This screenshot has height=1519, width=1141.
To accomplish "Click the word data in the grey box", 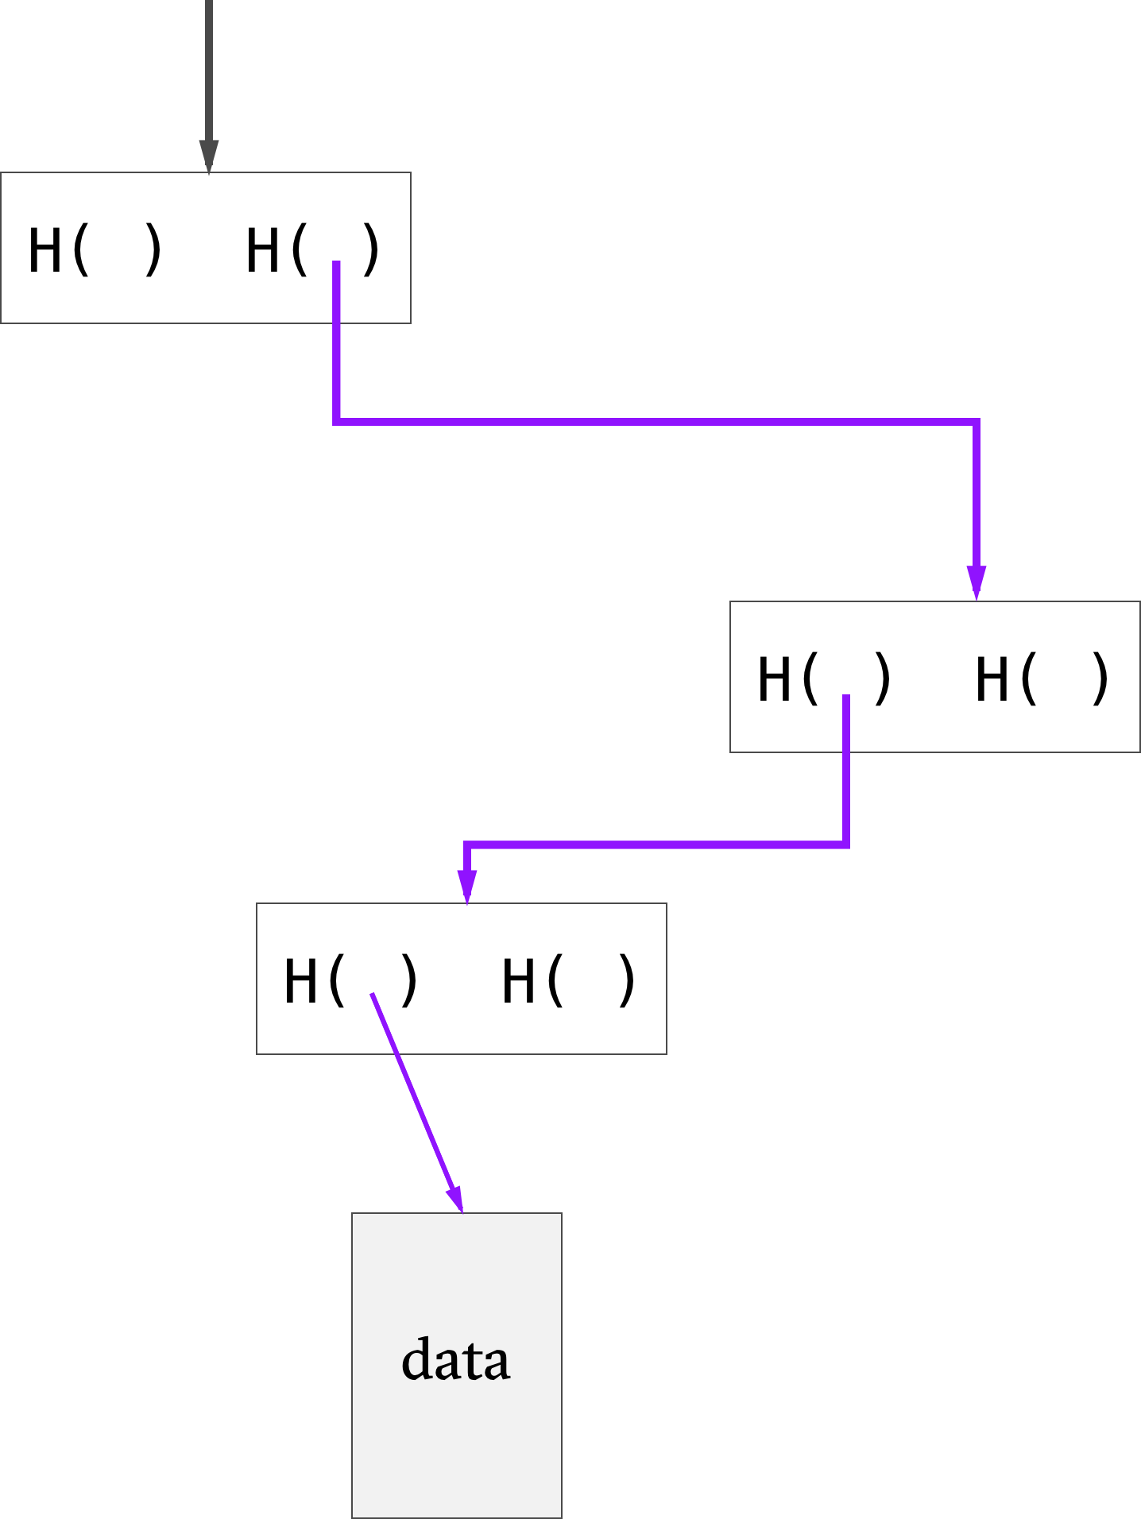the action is (x=455, y=1359).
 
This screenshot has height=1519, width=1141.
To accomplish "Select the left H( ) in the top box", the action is (x=95, y=250).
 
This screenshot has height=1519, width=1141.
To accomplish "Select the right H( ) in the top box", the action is (x=313, y=250).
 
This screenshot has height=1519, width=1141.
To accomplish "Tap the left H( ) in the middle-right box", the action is (x=825, y=679).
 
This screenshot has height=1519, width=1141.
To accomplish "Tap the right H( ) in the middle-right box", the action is (x=1042, y=679).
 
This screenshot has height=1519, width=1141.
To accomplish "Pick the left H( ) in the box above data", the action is (x=351, y=981).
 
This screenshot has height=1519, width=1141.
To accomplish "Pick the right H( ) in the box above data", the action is (x=569, y=981).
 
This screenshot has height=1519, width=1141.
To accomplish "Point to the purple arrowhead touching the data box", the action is (x=455, y=1198).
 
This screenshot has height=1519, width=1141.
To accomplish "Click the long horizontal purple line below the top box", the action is (x=656, y=421).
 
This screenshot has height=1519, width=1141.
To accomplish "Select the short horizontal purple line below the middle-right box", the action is (x=657, y=845).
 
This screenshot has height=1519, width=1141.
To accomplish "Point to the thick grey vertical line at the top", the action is (x=208, y=72).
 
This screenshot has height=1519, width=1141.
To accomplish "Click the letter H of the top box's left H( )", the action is (x=44, y=250).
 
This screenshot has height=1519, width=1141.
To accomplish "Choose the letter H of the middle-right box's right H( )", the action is (x=992, y=679).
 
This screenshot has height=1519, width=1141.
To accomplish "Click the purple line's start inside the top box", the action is (x=337, y=261).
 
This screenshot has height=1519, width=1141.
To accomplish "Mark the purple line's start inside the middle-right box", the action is (x=846, y=696).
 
